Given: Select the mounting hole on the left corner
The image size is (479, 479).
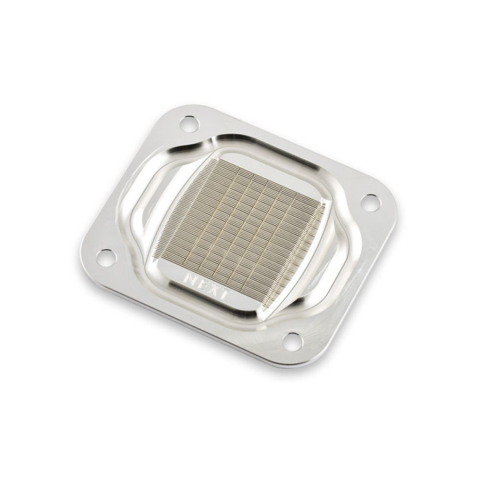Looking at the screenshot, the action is [107, 258].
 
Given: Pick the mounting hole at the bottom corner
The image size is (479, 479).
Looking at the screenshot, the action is [291, 340].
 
